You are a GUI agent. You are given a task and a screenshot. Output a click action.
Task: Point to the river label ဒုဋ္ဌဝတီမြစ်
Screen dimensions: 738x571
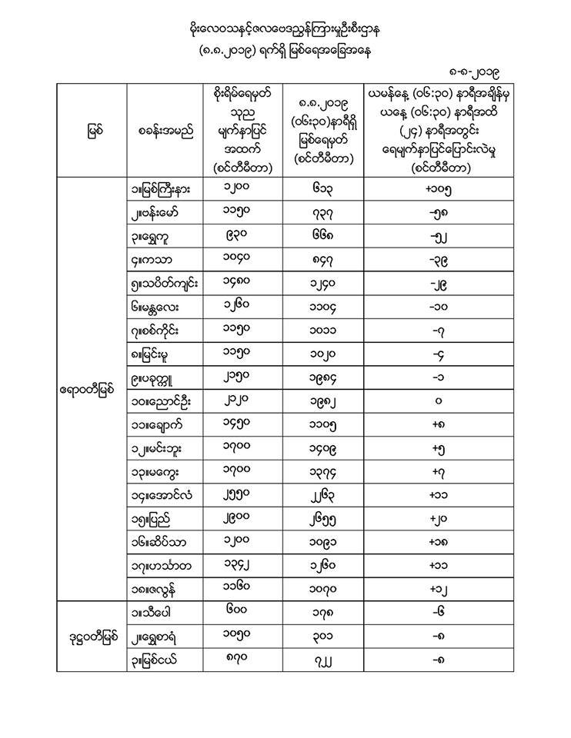pos(88,637)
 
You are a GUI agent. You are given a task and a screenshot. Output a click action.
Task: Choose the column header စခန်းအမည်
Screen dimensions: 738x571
pos(165,131)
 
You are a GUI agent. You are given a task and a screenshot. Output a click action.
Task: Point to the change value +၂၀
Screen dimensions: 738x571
pos(438,519)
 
